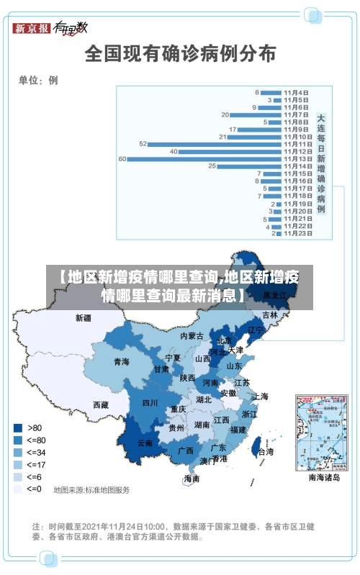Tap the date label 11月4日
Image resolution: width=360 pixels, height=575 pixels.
(x=296, y=93)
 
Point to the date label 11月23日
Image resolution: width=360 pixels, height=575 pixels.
(x=297, y=233)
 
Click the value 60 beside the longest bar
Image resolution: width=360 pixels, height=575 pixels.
(x=122, y=158)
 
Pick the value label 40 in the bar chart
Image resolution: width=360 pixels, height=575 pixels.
(x=174, y=151)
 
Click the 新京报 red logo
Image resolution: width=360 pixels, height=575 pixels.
(x=32, y=28)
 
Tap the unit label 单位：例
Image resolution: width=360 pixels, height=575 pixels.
(x=39, y=80)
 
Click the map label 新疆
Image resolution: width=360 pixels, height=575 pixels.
(x=84, y=317)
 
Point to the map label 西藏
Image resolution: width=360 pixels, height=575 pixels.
(x=101, y=405)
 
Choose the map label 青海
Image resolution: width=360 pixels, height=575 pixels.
(x=121, y=361)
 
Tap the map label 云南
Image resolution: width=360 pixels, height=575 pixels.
(x=145, y=443)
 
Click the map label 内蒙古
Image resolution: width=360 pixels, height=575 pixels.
(x=192, y=336)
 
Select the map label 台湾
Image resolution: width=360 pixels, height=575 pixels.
(x=266, y=452)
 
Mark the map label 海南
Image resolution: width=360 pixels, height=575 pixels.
(x=192, y=478)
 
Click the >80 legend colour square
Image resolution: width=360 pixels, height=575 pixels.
(x=18, y=427)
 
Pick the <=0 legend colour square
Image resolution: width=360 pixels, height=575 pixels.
(x=18, y=489)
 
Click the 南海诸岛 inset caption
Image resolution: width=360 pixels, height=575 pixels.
(x=324, y=476)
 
